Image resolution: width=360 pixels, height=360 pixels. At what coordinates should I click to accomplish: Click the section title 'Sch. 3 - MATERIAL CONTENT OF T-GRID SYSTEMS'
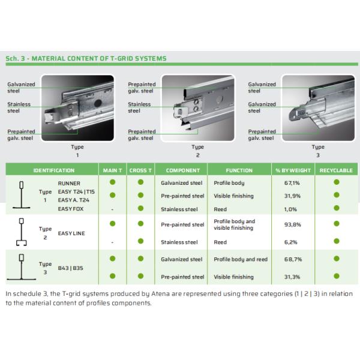pyautogui.click(x=85, y=59)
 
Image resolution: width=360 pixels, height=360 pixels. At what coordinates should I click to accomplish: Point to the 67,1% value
pyautogui.click(x=292, y=182)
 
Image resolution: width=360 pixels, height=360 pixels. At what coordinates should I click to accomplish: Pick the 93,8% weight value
pyautogui.click(x=292, y=224)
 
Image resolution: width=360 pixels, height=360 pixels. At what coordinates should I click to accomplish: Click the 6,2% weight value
pyautogui.click(x=292, y=242)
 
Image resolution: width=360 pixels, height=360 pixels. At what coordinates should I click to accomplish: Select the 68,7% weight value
pyautogui.click(x=292, y=259)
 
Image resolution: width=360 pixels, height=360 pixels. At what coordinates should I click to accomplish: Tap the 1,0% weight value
pyautogui.click(x=292, y=209)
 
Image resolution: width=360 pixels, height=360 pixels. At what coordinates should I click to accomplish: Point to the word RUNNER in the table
pyautogui.click(x=68, y=182)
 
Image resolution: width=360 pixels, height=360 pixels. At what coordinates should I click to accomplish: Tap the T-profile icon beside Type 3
pyautogui.click(x=22, y=267)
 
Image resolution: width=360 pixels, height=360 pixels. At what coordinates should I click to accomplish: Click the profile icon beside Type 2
pyautogui.click(x=22, y=232)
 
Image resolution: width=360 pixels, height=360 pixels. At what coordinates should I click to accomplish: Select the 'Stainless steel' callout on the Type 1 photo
pyautogui.click(x=19, y=107)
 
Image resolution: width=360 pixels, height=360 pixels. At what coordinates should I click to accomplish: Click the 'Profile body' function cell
pyautogui.click(x=229, y=182)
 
